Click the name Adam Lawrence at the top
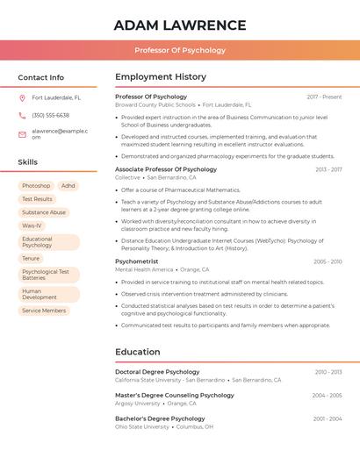[x=180, y=25]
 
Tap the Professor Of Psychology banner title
[x=180, y=50]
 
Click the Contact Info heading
[x=40, y=77]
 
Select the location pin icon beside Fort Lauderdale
[x=22, y=98]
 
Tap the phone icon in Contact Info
[x=22, y=116]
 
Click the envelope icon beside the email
[x=22, y=134]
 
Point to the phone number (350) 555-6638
[x=50, y=116]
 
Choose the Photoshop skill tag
[x=36, y=186]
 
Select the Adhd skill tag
[x=68, y=186]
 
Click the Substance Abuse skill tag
[x=44, y=212]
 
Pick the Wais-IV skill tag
[x=32, y=225]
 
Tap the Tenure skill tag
[x=31, y=259]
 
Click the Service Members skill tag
[x=44, y=311]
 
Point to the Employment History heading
[x=161, y=77]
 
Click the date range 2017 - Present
[x=324, y=97]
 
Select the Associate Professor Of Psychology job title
[x=166, y=169]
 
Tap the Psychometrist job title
[x=137, y=261]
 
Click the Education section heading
[x=138, y=352]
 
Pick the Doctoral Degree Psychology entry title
[x=157, y=372]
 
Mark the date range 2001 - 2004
[x=328, y=419]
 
